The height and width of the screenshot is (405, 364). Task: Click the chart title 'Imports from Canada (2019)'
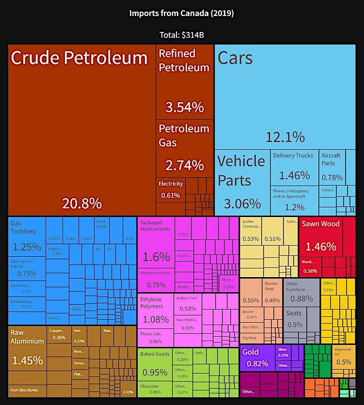pyautogui.click(x=181, y=13)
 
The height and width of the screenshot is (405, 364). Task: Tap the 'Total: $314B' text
pyautogui.click(x=182, y=35)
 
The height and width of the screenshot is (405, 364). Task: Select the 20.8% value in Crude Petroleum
pyautogui.click(x=81, y=203)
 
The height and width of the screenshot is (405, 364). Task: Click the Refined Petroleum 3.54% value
pyautogui.click(x=185, y=107)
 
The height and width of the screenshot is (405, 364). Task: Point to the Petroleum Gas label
pyautogui.click(x=184, y=135)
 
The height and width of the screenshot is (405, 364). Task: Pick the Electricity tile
pyautogui.click(x=171, y=190)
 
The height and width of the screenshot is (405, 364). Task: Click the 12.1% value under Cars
pyautogui.click(x=285, y=137)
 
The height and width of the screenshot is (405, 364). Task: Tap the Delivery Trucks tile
pyautogui.click(x=294, y=168)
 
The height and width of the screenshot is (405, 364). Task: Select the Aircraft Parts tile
pyautogui.click(x=332, y=167)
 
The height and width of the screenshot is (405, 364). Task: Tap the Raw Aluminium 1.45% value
pyautogui.click(x=27, y=360)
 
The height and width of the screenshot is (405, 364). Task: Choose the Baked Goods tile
pyautogui.click(x=155, y=366)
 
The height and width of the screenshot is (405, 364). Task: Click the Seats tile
pyautogui.click(x=294, y=319)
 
